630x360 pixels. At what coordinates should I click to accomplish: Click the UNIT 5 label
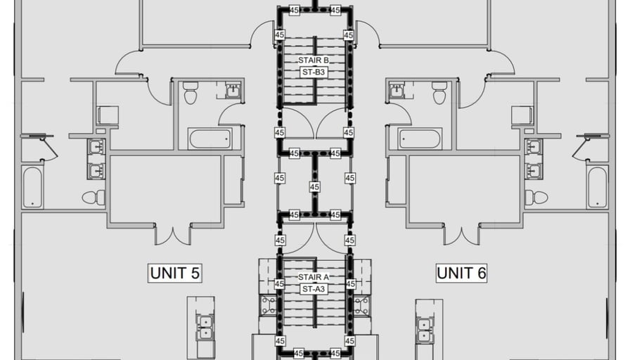pyautogui.click(x=175, y=274)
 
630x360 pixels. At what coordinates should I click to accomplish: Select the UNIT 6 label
pyautogui.click(x=462, y=274)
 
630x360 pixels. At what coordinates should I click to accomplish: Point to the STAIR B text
pyautogui.click(x=314, y=60)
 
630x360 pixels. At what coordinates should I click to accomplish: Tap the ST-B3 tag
pyautogui.click(x=314, y=72)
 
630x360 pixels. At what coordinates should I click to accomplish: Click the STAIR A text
pyautogui.click(x=314, y=277)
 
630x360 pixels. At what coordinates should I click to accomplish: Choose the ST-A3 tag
pyautogui.click(x=314, y=289)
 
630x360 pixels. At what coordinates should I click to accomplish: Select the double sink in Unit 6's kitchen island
pyautogui.click(x=425, y=330)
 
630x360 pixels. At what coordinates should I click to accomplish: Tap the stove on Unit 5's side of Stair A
pyautogui.click(x=268, y=305)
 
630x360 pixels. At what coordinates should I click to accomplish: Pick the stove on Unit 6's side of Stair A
pyautogui.click(x=361, y=305)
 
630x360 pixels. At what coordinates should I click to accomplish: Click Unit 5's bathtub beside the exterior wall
pyautogui.click(x=32, y=187)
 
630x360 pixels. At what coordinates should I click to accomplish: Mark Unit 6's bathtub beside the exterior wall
pyautogui.click(x=598, y=187)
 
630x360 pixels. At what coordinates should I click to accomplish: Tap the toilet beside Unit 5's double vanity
pyautogui.click(x=94, y=198)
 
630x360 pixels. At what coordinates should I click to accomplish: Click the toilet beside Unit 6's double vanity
pyautogui.click(x=536, y=198)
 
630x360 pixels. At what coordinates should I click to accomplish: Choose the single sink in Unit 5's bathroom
pyautogui.click(x=233, y=91)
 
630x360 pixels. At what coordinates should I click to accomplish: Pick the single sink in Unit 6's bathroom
pyautogui.click(x=397, y=91)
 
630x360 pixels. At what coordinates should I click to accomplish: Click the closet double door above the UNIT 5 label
pyautogui.click(x=173, y=236)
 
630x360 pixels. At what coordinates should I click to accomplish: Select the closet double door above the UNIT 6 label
pyautogui.click(x=462, y=236)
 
